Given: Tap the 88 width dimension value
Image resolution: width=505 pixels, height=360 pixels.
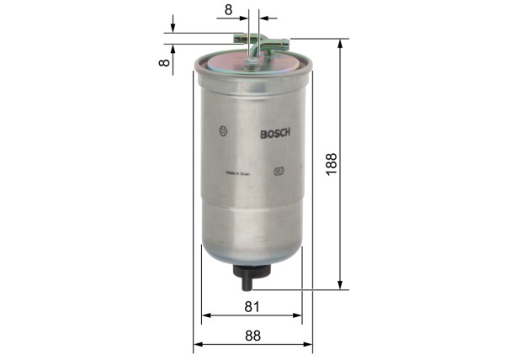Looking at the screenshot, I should click(253, 335).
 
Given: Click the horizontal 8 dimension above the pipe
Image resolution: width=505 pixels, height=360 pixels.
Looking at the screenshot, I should click(228, 10).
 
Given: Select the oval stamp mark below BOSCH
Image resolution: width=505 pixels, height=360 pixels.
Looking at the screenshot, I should click(279, 172).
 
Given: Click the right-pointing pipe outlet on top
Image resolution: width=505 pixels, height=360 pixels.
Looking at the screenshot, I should click(283, 44).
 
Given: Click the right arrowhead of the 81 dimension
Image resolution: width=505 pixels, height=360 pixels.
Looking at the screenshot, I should click(297, 316).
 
